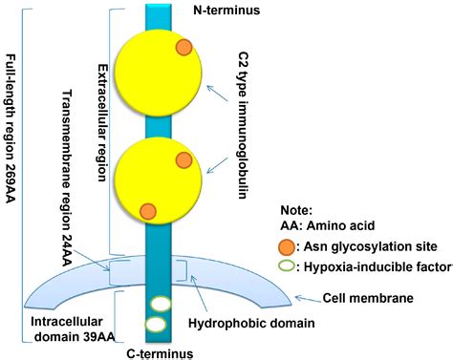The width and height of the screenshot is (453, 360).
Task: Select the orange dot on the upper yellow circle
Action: pyautogui.click(x=183, y=48)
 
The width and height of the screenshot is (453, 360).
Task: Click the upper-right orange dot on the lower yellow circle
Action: pyautogui.click(x=183, y=159)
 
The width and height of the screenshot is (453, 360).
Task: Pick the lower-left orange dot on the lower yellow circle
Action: pyautogui.click(x=147, y=211)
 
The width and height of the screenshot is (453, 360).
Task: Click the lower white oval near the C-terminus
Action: pyautogui.click(x=155, y=326)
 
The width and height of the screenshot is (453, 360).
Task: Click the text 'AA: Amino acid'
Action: pyautogui.click(x=326, y=226)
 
